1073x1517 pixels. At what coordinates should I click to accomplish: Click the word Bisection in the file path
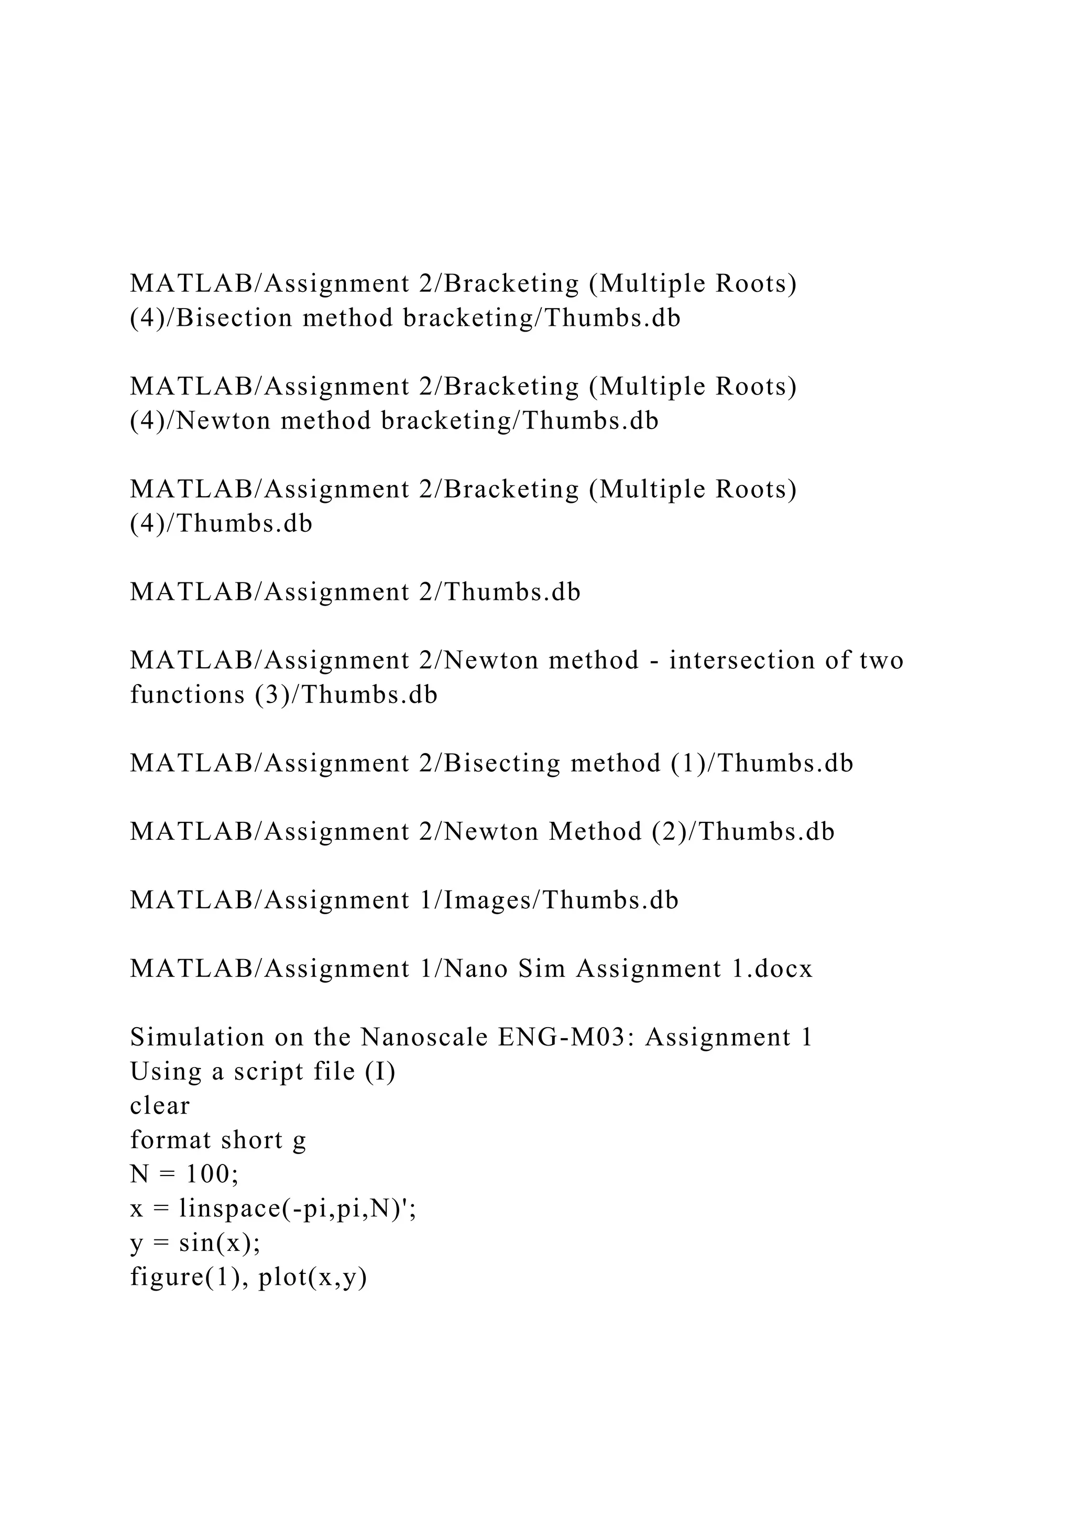click(x=235, y=318)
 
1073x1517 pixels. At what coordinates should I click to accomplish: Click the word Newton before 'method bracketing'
click(x=224, y=421)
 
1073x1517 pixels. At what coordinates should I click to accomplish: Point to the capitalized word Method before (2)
click(x=595, y=832)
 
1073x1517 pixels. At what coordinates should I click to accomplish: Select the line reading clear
click(x=160, y=1106)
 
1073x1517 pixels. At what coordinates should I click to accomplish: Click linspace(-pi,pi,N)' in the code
click(x=293, y=1209)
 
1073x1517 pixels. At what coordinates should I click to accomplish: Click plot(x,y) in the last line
click(x=312, y=1278)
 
